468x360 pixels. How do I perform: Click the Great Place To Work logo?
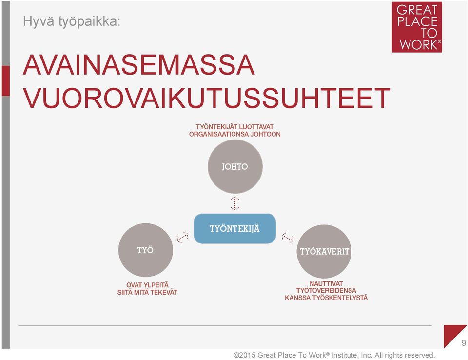pyautogui.click(x=417, y=27)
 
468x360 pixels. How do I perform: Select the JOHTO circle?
pyautogui.click(x=235, y=166)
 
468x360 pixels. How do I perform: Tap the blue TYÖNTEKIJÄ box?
pyautogui.click(x=235, y=229)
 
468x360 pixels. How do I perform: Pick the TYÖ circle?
pyautogui.click(x=146, y=250)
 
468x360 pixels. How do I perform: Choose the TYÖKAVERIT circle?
pyautogui.click(x=324, y=251)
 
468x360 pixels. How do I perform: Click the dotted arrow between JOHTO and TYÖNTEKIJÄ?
pyautogui.click(x=235, y=203)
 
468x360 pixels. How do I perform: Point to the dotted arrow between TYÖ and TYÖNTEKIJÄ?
pyautogui.click(x=182, y=238)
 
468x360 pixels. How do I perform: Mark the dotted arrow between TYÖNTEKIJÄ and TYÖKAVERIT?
pyautogui.click(x=288, y=238)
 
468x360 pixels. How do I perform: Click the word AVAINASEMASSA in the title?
pyautogui.click(x=139, y=65)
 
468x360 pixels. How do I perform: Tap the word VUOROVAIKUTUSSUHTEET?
pyautogui.click(x=207, y=98)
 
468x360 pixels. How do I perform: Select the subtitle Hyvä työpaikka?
pyautogui.click(x=72, y=21)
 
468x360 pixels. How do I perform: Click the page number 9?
pyautogui.click(x=463, y=342)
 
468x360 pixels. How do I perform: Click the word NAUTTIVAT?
pyautogui.click(x=326, y=283)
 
